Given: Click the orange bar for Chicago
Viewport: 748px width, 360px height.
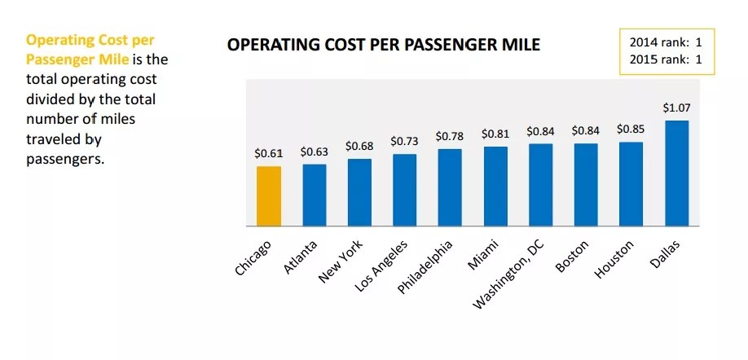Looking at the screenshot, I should point(269,196).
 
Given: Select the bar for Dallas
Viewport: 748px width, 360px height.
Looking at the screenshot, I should point(676,173).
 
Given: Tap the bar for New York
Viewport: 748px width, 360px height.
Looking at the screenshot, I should point(359,192).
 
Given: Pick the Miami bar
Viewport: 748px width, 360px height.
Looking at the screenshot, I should point(495,187).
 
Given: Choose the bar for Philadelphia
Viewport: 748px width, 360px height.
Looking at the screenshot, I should point(450,187).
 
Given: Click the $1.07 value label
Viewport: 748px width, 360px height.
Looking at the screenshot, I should point(676,108).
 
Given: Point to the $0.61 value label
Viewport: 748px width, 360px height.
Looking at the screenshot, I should point(269,153).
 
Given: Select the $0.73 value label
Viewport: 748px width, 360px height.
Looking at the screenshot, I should point(404,141).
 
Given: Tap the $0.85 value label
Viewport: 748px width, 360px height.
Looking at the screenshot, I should point(631,129).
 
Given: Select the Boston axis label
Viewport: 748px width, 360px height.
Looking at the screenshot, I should point(572,256).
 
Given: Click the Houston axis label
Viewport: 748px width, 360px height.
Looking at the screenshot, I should point(615,259).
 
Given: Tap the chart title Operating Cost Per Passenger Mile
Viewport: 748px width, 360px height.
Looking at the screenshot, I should point(383,44).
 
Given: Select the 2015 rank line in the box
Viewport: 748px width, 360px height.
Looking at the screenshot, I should point(666,59).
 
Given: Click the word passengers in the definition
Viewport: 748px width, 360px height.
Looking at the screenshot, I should point(66,158).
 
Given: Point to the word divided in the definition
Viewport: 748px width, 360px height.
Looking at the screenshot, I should point(51,99).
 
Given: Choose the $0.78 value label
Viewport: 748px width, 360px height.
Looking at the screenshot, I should point(450,136).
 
